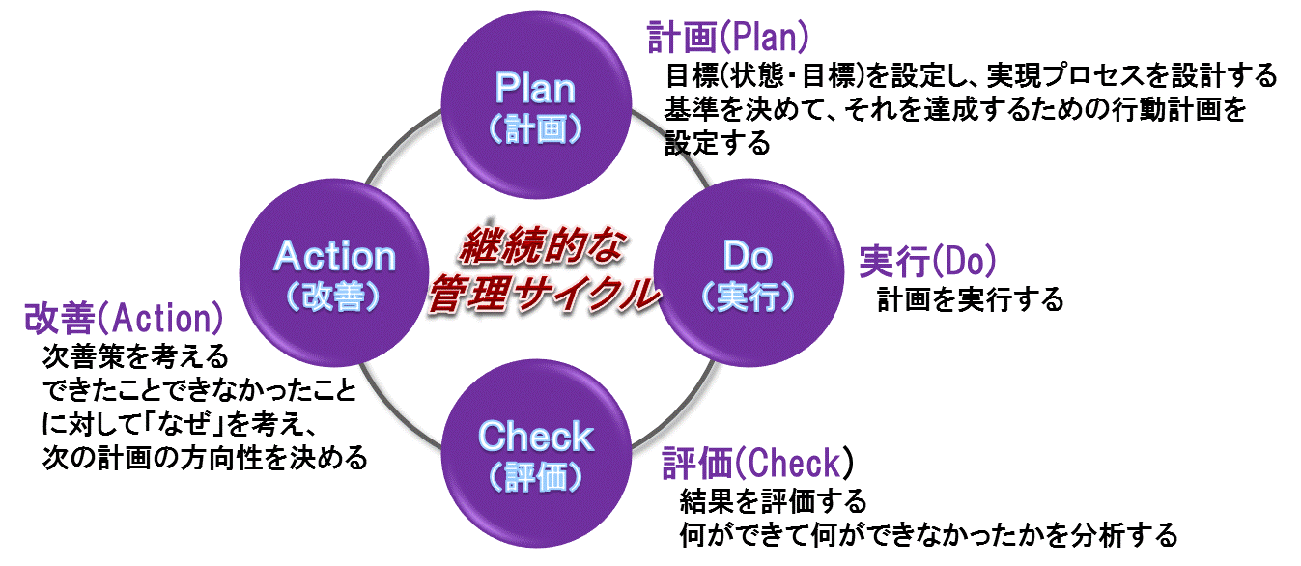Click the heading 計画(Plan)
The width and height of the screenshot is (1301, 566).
pos(727,38)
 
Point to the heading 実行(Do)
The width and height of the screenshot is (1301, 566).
pos(928,262)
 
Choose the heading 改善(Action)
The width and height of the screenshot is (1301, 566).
pos(123,318)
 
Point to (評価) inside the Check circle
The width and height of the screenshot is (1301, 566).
pos(534,476)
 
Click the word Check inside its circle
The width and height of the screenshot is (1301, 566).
pos(535,437)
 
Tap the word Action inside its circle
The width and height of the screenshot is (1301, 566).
pos(335,257)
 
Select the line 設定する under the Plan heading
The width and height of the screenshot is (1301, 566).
pos(718,144)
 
